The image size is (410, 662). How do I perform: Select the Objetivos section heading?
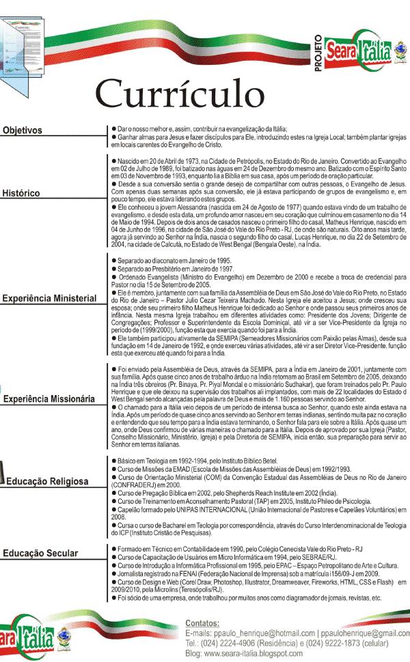tap(22, 130)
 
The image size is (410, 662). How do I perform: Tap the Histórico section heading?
tap(21, 193)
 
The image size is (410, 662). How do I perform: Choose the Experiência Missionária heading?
tap(48, 399)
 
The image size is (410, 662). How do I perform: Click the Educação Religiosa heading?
tap(47, 481)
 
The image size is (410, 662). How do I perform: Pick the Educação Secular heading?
tap(40, 553)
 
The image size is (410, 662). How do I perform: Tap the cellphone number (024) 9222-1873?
tap(330, 644)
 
